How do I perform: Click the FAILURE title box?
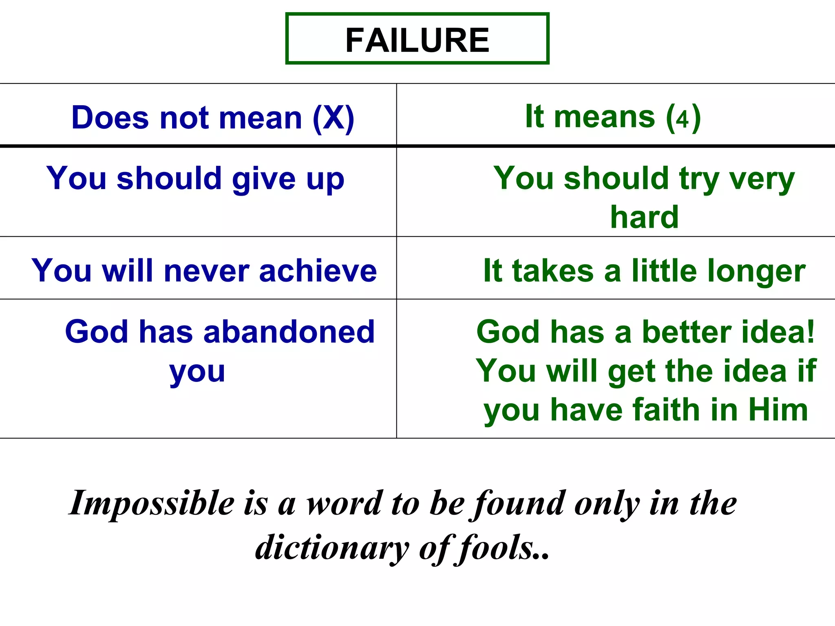pyautogui.click(x=417, y=39)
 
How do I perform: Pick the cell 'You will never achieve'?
pyautogui.click(x=204, y=271)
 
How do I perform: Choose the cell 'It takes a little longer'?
pyautogui.click(x=644, y=271)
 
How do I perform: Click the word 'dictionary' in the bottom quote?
pyautogui.click(x=332, y=548)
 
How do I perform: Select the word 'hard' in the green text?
pyautogui.click(x=644, y=217)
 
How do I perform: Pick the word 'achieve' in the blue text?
pyautogui.click(x=318, y=271)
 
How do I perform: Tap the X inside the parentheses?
pyautogui.click(x=334, y=118)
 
